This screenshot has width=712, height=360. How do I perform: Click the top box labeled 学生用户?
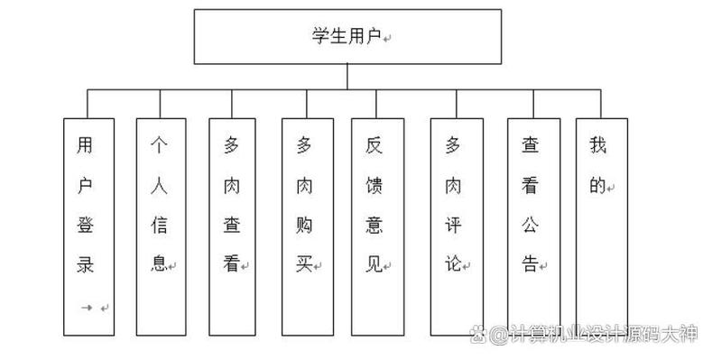point(347,37)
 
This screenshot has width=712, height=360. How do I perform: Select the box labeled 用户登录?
point(88,226)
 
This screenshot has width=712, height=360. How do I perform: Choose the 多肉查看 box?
point(233,226)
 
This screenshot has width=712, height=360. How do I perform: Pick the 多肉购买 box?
point(305,226)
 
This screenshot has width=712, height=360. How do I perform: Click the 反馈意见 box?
point(377,226)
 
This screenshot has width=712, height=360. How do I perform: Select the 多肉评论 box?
point(456,226)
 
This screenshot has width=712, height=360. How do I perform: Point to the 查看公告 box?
point(532,226)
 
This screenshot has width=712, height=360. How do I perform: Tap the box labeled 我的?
point(601,226)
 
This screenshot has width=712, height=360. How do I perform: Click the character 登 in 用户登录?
point(84,225)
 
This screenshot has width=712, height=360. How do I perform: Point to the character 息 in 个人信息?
point(158,264)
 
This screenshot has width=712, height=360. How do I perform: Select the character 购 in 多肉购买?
point(304,225)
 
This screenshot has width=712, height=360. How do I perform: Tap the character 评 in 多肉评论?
point(453,225)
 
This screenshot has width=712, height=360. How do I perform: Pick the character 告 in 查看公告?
point(530,264)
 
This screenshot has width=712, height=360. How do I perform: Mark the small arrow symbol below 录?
point(87,308)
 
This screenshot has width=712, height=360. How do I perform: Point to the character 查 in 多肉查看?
point(231,225)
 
